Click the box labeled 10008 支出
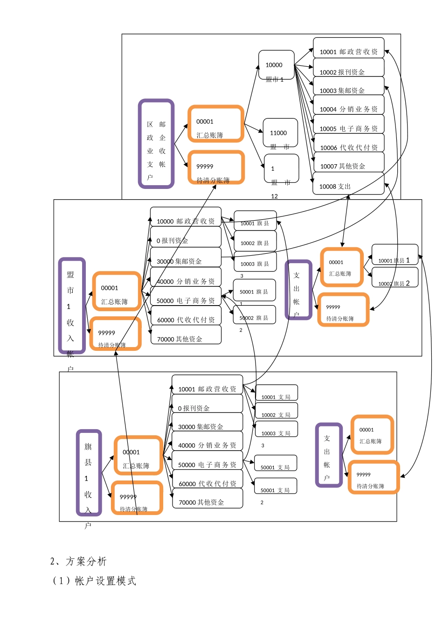[348, 184]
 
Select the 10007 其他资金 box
[348, 164]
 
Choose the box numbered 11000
[280, 133]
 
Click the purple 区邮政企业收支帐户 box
[156, 144]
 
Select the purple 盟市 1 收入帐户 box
[72, 305]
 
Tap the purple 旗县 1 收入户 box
[89, 473]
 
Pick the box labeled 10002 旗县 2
[395, 278]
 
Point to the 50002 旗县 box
[254, 315]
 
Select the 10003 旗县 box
[255, 262]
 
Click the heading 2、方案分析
[78, 562]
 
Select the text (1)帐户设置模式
[94, 581]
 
